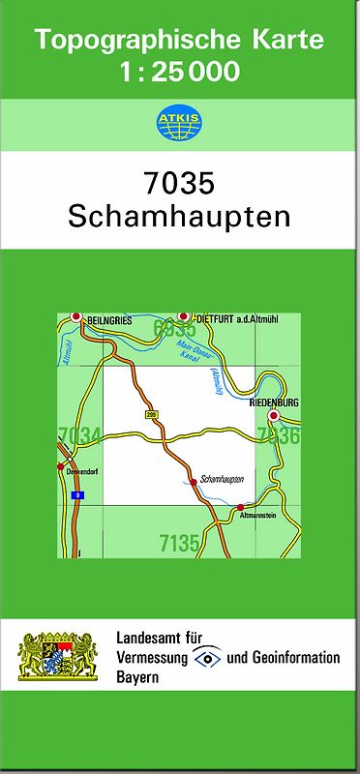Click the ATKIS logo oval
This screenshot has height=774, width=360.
pos(180,122)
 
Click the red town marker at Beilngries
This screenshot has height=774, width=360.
pos(75,316)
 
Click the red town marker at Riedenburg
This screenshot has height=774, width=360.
pos(274,416)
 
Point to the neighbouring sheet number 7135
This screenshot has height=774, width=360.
pos(179,544)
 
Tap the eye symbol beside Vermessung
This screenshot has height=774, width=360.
pos(208,658)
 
